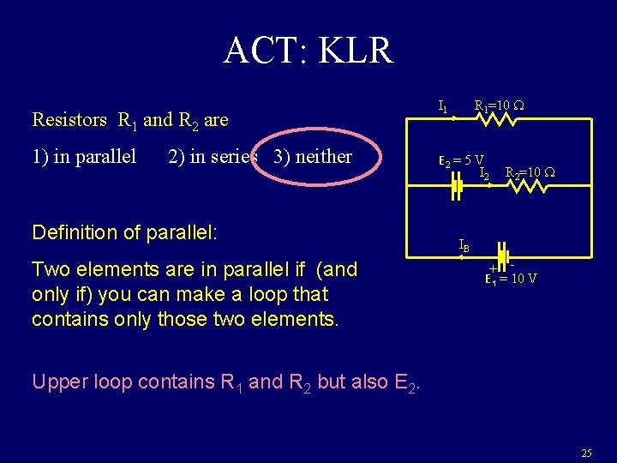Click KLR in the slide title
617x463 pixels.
coord(356,51)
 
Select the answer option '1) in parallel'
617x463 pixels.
coord(84,157)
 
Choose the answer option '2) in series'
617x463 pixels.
coord(213,157)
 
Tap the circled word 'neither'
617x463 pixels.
coord(323,157)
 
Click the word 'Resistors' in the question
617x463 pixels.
coord(69,120)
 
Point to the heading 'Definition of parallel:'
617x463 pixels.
coord(124,232)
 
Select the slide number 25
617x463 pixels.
coord(586,452)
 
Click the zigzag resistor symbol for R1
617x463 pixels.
coord(495,121)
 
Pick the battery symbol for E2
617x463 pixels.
coord(457,189)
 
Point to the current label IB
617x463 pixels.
coord(464,246)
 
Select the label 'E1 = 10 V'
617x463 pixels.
coord(511,278)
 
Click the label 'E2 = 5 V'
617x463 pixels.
coord(461,161)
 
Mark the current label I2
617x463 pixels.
coord(484,174)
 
